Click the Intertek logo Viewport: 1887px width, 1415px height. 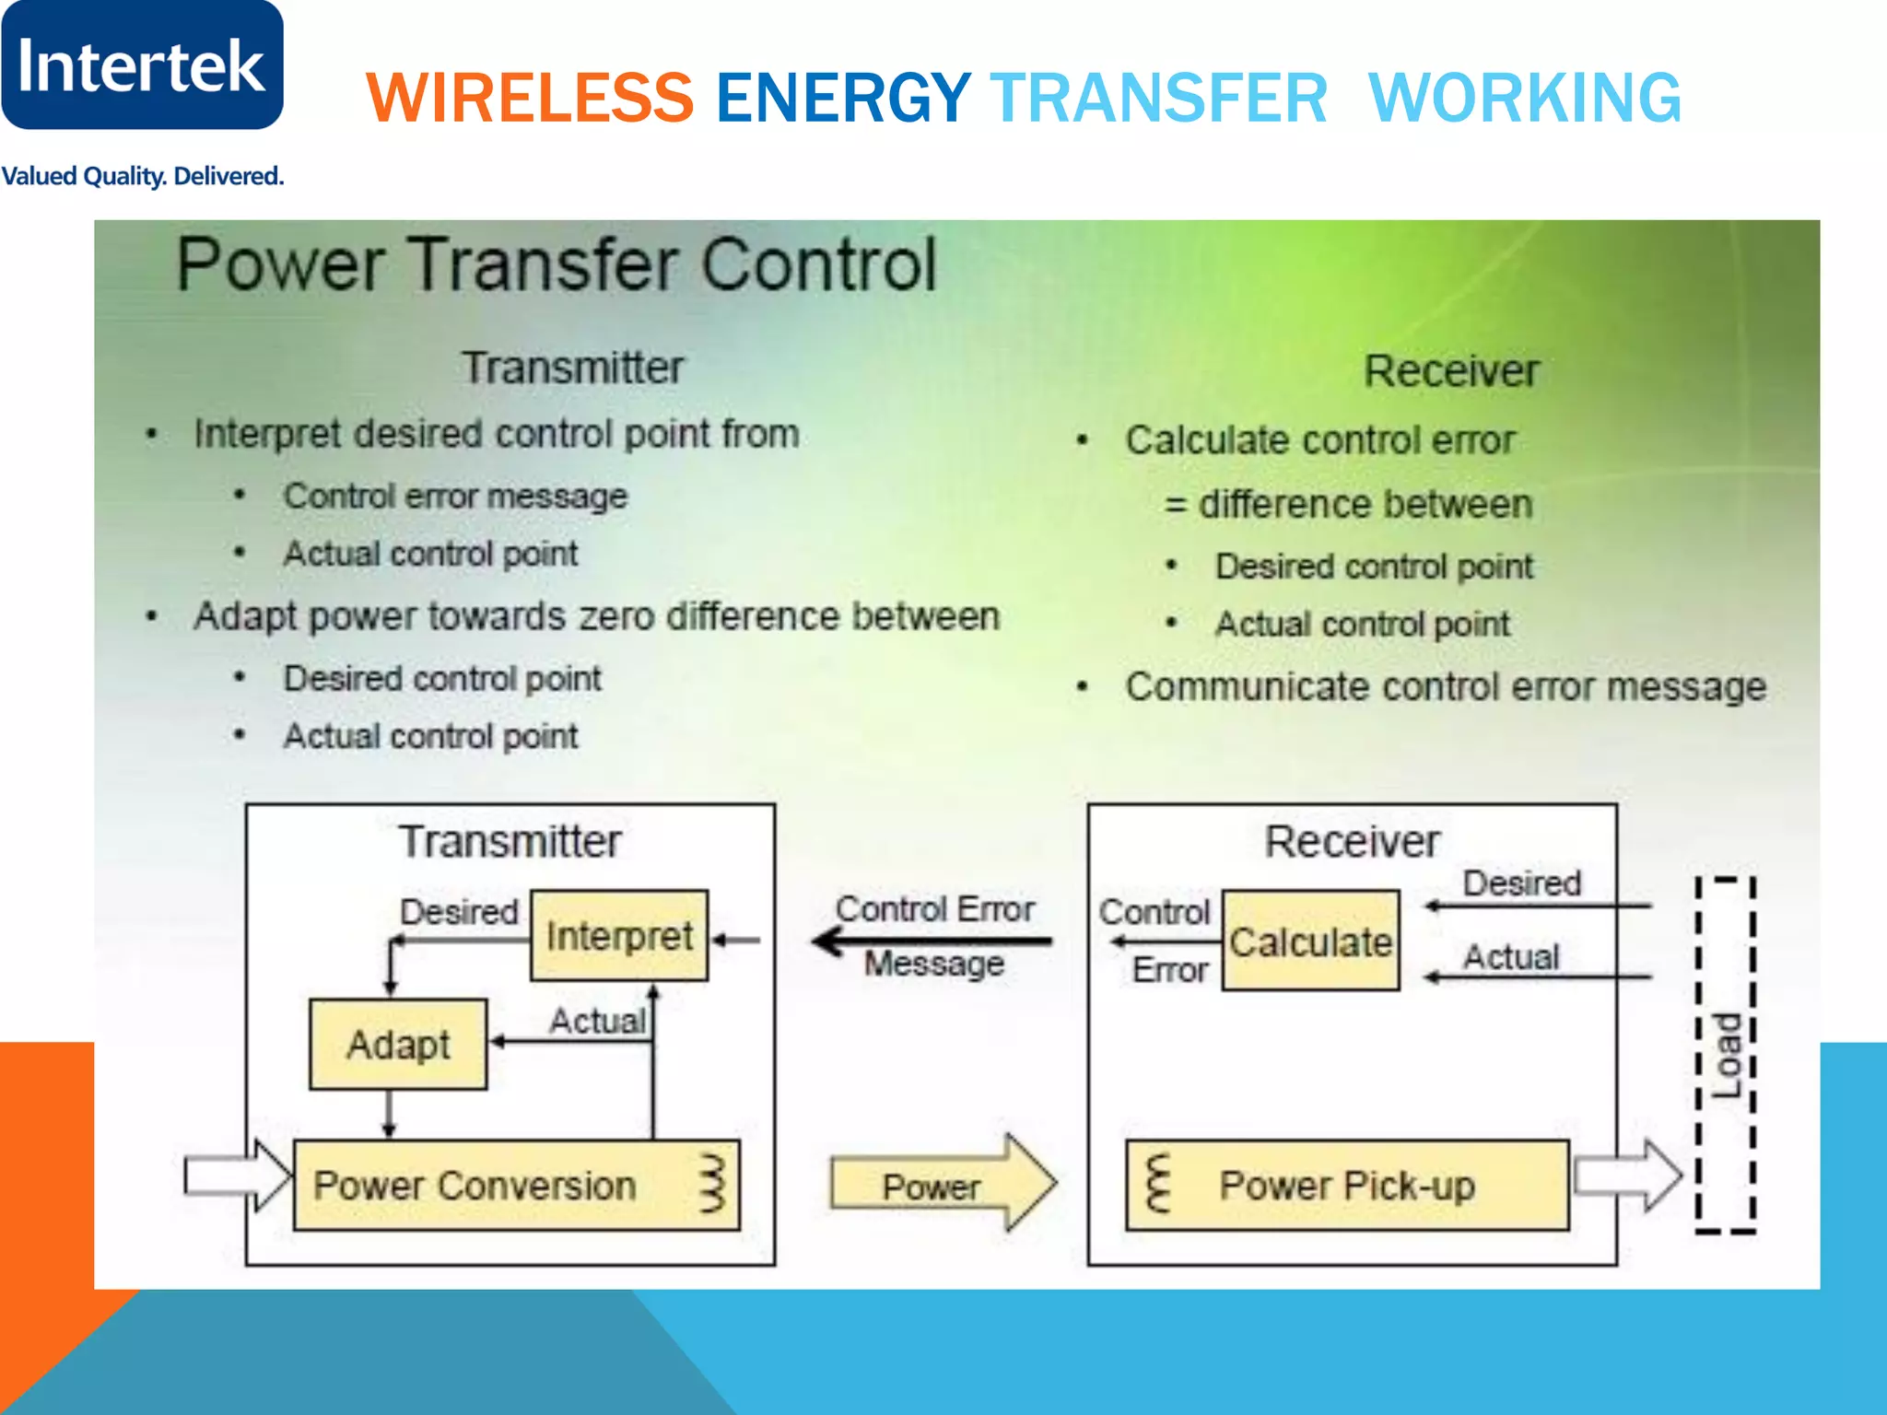142,64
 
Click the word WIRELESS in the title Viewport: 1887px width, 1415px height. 530,98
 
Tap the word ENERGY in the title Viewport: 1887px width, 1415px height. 842,98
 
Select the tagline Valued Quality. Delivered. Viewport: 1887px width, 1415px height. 142,176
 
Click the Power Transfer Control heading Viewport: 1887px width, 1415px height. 557,265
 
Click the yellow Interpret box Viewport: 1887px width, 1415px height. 619,936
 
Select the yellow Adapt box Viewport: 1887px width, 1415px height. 398,1045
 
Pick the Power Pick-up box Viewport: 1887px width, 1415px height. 1347,1186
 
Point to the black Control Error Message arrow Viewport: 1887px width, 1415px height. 931,941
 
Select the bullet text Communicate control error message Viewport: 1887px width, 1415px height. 1445,687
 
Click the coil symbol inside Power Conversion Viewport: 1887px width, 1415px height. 713,1184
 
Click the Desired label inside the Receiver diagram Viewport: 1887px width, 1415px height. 1522,883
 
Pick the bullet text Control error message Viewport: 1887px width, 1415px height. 455,497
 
